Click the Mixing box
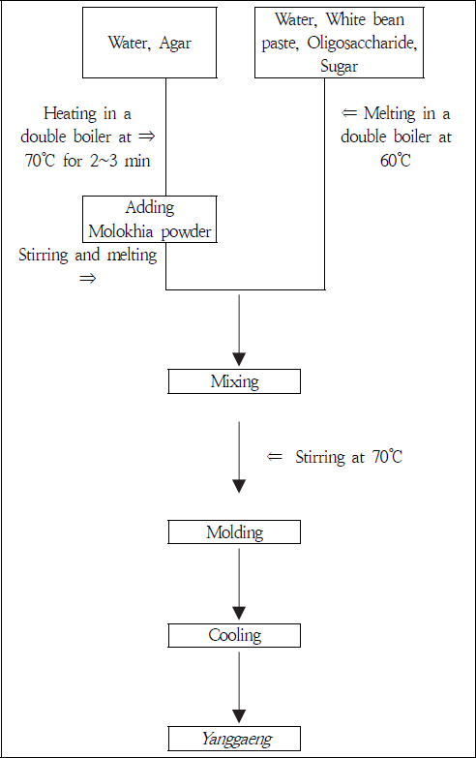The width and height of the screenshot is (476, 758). click(x=234, y=381)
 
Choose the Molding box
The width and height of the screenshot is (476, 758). click(x=234, y=532)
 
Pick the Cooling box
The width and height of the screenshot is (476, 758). click(x=234, y=635)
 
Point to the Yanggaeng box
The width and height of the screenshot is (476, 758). click(x=234, y=739)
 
